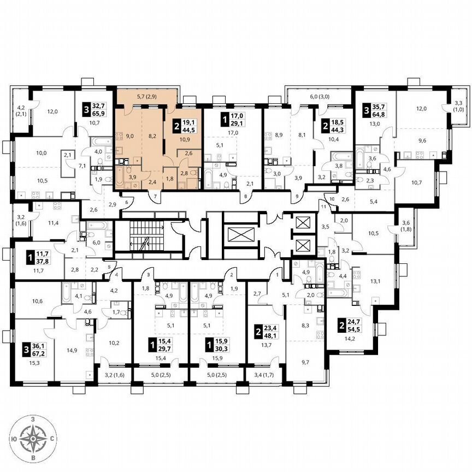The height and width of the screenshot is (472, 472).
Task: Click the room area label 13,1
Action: [x=375, y=282]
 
